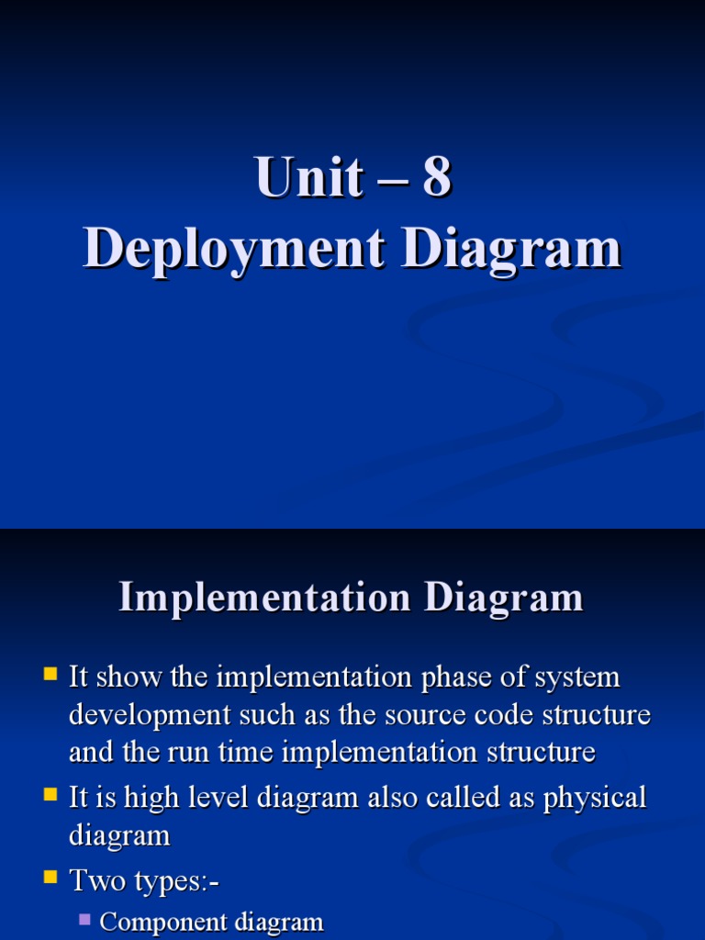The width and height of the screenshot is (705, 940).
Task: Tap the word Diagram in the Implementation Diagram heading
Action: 503,598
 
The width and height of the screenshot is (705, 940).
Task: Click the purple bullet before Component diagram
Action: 85,919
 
